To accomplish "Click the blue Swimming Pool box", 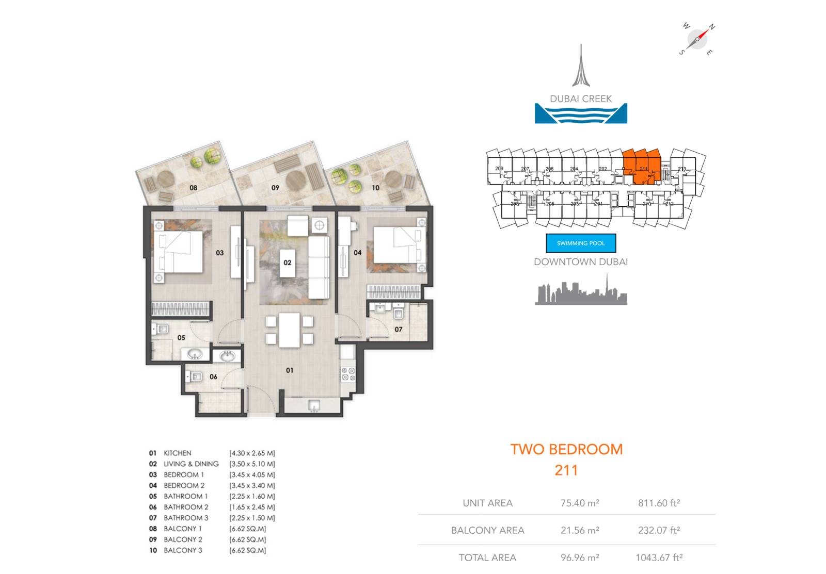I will click(581, 243).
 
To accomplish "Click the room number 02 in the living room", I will click(288, 263).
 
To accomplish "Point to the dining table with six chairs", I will click(290, 330).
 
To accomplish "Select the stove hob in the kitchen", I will click(348, 374).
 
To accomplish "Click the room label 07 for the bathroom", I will click(399, 329).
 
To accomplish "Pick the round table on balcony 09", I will click(296, 181).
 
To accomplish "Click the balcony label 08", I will click(193, 188).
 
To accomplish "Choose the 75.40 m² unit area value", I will click(580, 503).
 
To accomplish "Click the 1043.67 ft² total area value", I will click(659, 557).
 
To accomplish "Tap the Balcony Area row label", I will click(487, 530).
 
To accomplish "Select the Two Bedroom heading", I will click(566, 449).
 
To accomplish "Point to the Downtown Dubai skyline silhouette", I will click(581, 292).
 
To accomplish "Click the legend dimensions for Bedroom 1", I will click(252, 474).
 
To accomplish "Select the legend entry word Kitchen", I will click(177, 453).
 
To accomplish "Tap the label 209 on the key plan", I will click(499, 169).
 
